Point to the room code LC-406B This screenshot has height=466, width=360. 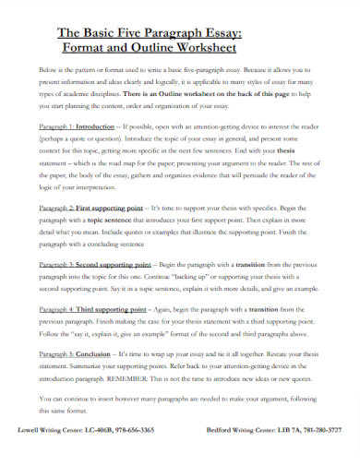92,430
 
